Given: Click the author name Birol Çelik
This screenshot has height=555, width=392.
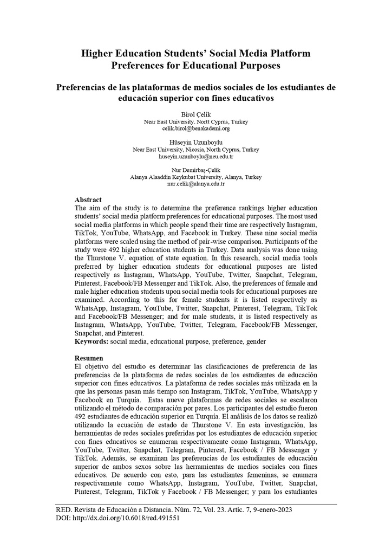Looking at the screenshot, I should (x=195, y=115).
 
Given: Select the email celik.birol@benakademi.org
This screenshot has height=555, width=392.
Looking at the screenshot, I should (x=195, y=129).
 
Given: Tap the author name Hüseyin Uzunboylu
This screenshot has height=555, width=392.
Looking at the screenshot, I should (x=195, y=143).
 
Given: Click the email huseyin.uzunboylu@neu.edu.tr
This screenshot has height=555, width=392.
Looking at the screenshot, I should (x=195, y=157).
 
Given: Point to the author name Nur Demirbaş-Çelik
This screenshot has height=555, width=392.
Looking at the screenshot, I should (x=195, y=170).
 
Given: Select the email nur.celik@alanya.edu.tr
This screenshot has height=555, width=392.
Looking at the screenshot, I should (x=195, y=184).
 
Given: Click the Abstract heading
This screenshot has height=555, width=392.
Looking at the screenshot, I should (x=88, y=200).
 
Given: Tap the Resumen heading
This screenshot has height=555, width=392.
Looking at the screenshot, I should (x=88, y=358).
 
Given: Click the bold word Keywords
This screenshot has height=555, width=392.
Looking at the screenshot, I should (x=91, y=342).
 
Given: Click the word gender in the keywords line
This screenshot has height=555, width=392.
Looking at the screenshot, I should (x=256, y=342).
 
